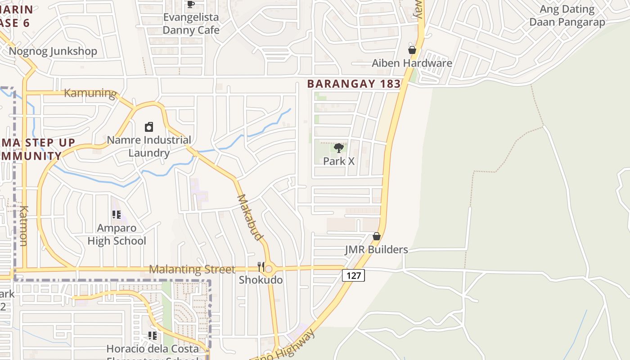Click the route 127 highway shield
pos(353,275)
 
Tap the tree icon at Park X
pos(339,148)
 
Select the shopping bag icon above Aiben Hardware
pos(412,50)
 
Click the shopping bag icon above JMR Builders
pos(377,236)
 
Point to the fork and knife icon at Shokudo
pos(261,267)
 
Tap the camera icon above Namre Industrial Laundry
pos(149,127)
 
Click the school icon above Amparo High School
pos(117,215)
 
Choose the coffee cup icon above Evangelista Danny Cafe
pos(191,4)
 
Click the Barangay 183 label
pos(354,84)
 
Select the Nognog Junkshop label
pos(53,51)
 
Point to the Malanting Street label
pos(192,270)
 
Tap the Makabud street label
pos(250,217)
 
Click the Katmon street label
pos(24,226)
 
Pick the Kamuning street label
pos(90,93)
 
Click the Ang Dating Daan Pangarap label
pos(567,16)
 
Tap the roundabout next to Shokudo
pos(269,270)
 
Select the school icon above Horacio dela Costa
pos(153,336)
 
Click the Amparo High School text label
pos(117,234)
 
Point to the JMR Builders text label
pos(376,250)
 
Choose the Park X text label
pos(339,161)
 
